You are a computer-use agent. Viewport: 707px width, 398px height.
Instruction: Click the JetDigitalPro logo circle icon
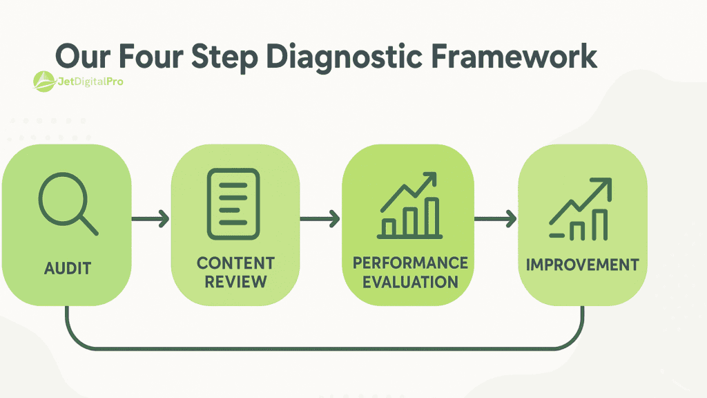coord(44,82)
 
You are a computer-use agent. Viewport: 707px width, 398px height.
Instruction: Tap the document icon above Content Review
coord(234,200)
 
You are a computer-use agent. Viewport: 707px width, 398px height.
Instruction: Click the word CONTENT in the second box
coord(235,263)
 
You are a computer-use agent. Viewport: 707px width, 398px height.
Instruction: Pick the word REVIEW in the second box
coord(235,281)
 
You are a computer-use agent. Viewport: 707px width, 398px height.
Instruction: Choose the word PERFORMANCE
coord(410,263)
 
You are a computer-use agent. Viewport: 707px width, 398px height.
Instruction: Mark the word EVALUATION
coord(410,281)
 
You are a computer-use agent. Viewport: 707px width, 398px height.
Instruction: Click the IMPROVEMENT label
coord(582,265)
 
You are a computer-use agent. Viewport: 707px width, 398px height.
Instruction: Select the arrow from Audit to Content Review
coord(151,220)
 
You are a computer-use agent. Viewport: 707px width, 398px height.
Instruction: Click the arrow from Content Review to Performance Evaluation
coord(320,220)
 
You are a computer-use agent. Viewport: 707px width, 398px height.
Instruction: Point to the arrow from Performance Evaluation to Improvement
coord(496,220)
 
